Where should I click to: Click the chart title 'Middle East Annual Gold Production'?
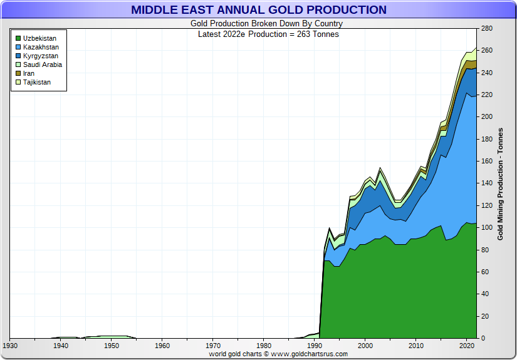click(x=258, y=10)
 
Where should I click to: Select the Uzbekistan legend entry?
click(x=39, y=38)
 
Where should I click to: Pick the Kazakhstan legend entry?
click(x=41, y=47)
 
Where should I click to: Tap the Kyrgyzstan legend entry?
click(x=41, y=56)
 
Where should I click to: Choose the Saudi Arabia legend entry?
click(x=42, y=64)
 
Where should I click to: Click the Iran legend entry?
click(x=29, y=73)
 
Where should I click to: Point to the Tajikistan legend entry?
click(x=37, y=82)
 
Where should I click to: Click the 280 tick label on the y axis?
click(x=486, y=28)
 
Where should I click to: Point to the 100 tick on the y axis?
click(x=486, y=227)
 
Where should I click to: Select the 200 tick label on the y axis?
click(x=486, y=117)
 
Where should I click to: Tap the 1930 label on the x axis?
click(x=10, y=345)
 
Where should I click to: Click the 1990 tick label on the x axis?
click(x=315, y=345)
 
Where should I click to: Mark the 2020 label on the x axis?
click(x=467, y=345)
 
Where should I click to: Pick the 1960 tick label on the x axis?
click(x=162, y=345)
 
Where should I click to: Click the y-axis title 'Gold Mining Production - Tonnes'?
click(x=500, y=183)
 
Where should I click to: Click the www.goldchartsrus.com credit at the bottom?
click(x=310, y=354)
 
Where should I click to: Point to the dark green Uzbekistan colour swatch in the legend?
click(x=18, y=38)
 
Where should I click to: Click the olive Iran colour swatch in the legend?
click(x=18, y=73)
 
